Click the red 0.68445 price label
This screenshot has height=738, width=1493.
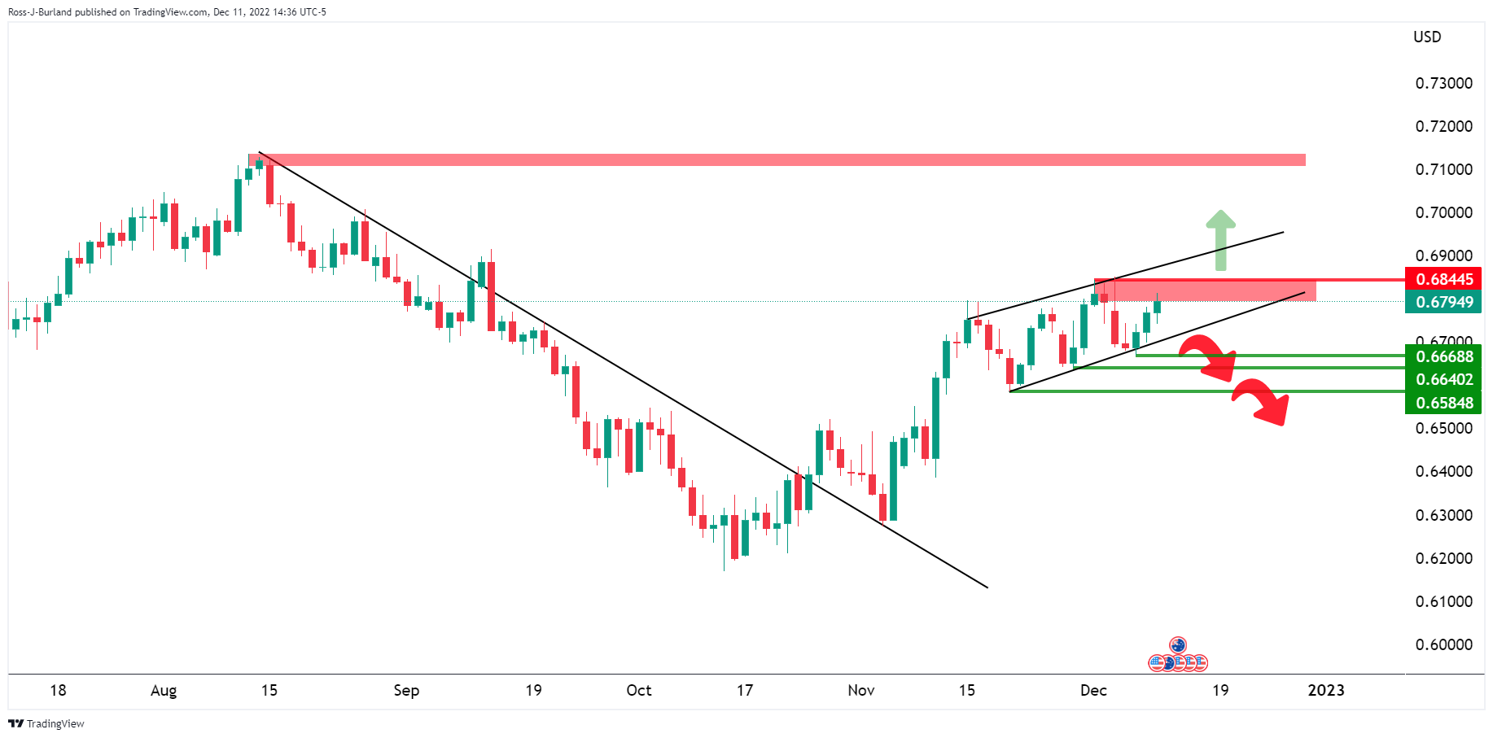(1443, 279)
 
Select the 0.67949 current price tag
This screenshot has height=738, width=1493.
(1443, 302)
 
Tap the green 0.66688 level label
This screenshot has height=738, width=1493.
(1443, 356)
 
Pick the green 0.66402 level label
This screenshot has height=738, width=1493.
(1443, 379)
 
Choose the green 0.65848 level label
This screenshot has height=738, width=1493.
(1443, 403)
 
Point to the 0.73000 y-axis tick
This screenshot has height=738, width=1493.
(1443, 83)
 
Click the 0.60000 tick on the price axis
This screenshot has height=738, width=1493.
(1443, 644)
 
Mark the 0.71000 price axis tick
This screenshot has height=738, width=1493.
(1443, 169)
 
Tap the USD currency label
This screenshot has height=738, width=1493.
(1427, 37)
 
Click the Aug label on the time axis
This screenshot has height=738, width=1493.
(164, 690)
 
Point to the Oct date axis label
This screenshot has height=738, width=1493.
(639, 690)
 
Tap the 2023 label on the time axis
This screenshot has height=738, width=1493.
(1325, 690)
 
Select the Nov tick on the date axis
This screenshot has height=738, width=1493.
(860, 690)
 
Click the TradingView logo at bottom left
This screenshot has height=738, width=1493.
(46, 723)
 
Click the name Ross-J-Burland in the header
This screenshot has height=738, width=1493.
(40, 12)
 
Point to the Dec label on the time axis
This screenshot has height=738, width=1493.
(1093, 690)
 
